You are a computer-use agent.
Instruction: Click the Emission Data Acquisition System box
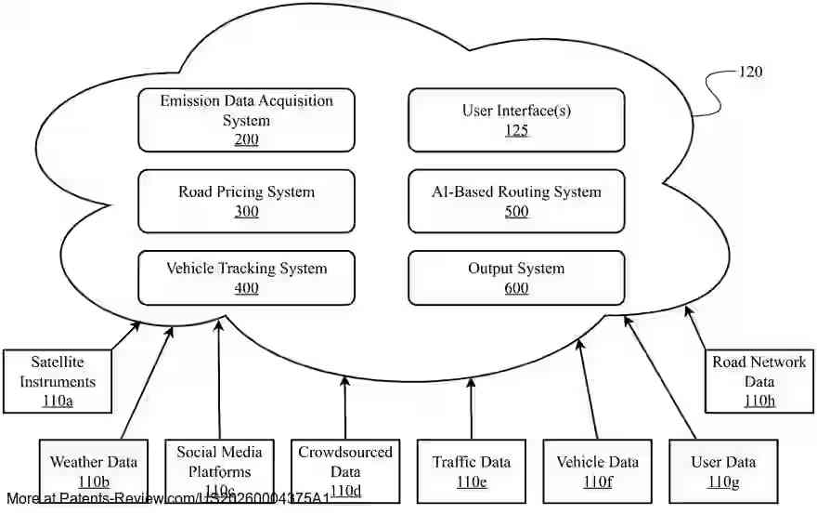246,120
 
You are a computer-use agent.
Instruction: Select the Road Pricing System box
246,201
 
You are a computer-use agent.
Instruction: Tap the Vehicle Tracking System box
246,277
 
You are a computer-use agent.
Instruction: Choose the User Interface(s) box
516,120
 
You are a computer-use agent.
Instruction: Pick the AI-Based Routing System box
516,201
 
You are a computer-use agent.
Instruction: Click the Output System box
516,277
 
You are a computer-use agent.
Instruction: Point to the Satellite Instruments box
58,381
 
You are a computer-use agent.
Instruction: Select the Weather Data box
94,470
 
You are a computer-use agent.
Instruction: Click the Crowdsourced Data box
344,470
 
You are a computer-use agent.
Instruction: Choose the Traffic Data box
471,470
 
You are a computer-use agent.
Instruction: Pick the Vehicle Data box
597,470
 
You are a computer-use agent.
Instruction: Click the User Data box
722,470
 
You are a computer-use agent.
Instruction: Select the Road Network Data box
759,381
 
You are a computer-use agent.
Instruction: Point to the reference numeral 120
750,72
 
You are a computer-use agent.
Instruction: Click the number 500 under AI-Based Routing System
516,212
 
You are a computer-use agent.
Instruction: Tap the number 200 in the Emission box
246,140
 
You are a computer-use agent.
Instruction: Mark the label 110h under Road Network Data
759,401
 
